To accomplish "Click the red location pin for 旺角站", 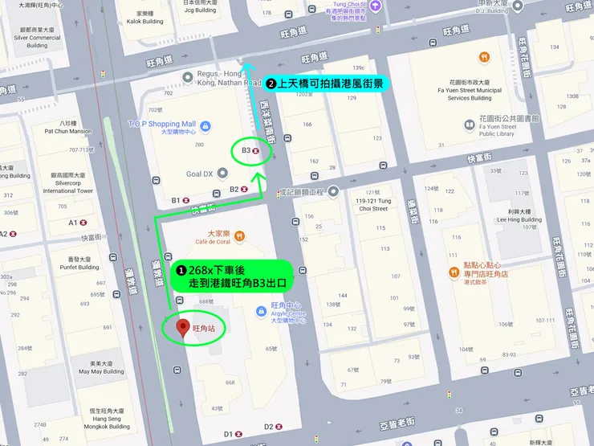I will [182, 329].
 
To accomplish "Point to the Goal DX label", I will [199, 174].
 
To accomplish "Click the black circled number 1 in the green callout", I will [181, 270].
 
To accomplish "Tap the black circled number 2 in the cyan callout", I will [271, 83].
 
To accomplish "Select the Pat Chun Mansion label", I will [68, 131].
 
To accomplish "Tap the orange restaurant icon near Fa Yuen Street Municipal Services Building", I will [485, 57].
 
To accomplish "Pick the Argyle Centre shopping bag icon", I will [261, 311].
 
